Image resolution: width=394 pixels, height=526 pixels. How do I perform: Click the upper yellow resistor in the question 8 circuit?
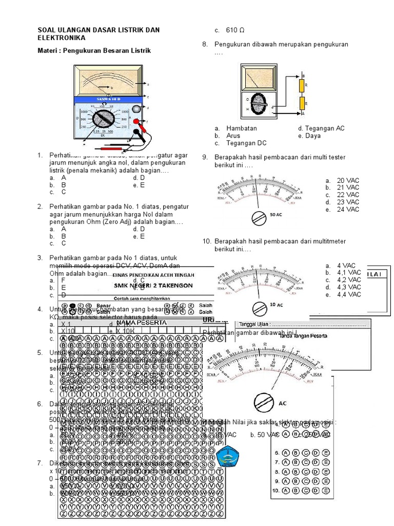pos(302,84)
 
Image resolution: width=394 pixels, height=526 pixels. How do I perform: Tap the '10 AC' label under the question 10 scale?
pos(277,305)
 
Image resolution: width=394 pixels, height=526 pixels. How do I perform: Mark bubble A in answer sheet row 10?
pos(285,491)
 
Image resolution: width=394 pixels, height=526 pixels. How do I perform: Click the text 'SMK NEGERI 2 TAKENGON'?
pos(153,286)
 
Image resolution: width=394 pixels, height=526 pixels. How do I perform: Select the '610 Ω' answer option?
pos(236,30)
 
